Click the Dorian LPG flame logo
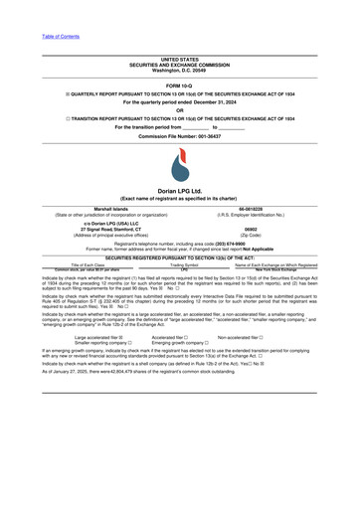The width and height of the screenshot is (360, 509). (x=179, y=168)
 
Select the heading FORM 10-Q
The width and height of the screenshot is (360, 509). (x=179, y=86)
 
